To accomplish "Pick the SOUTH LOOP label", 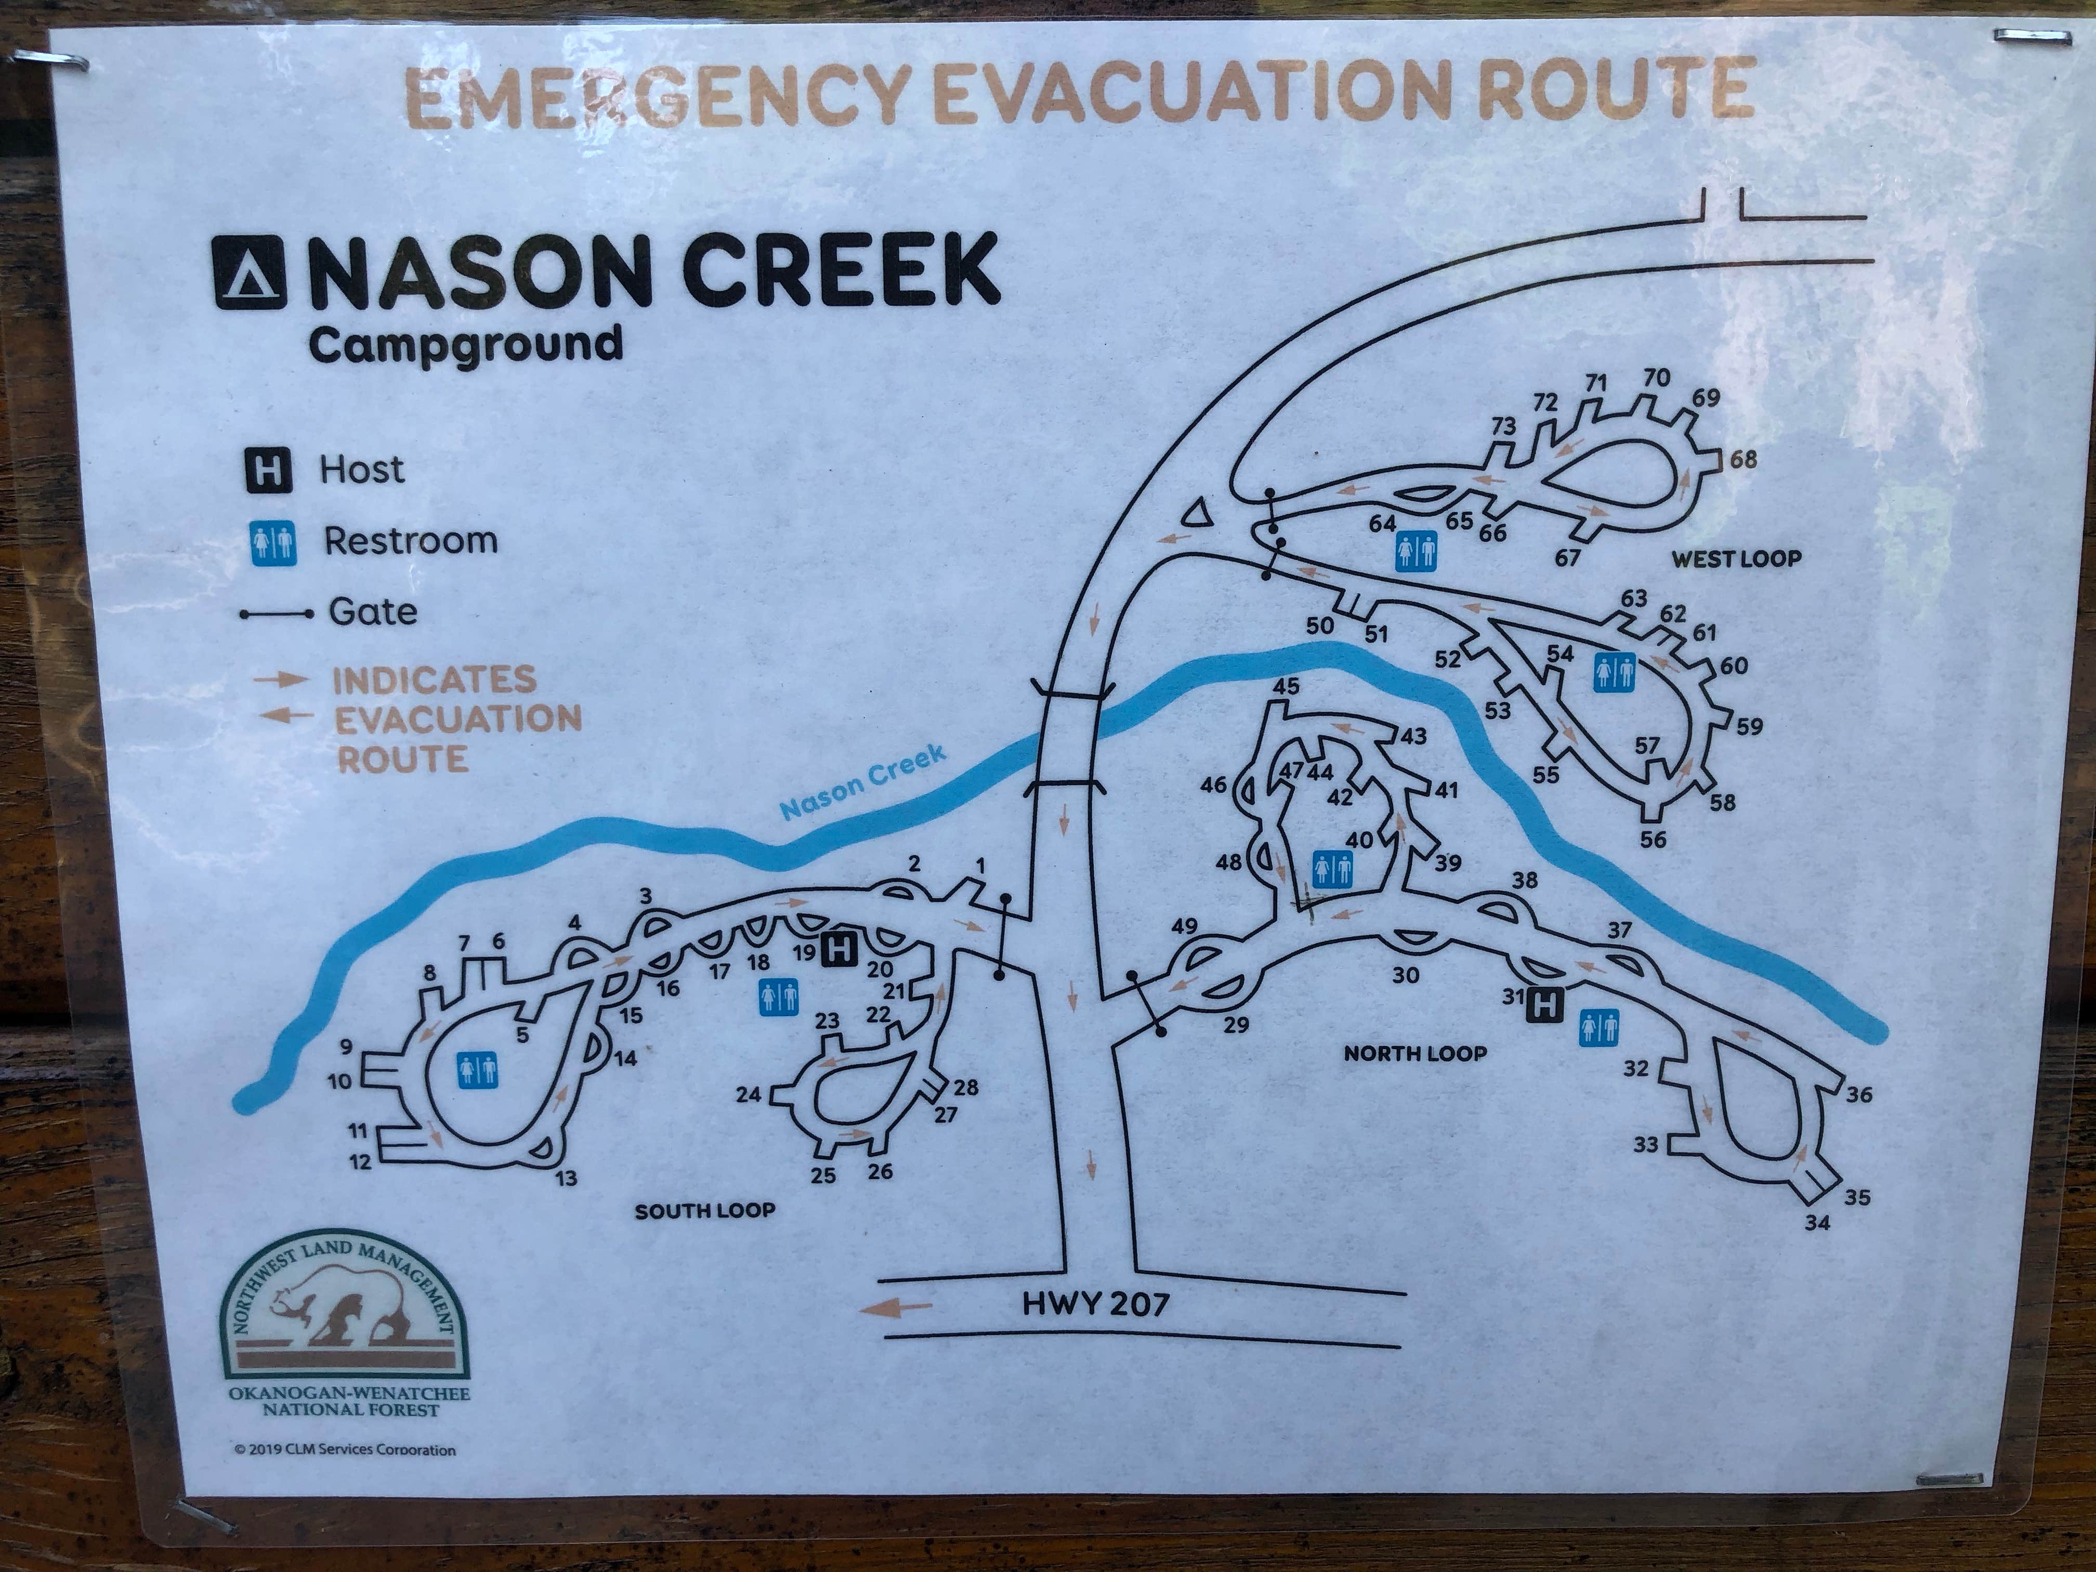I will pyautogui.click(x=705, y=1210).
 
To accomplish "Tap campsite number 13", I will pyautogui.click(x=566, y=1179).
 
